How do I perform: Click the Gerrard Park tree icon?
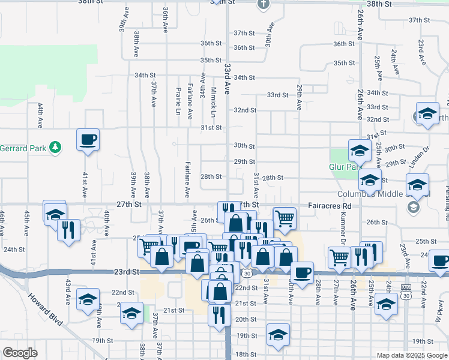point(55,147)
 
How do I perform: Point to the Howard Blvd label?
point(46,309)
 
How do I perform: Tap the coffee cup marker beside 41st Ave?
point(88,140)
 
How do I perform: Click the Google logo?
point(20,353)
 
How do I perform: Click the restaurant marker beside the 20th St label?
point(219,314)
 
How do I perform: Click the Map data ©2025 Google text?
point(412,355)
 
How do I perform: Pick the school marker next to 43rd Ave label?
point(88,300)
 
